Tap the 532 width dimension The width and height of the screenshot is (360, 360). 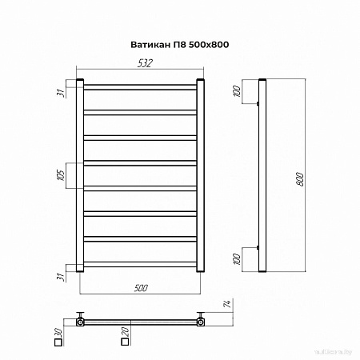[x=141, y=63]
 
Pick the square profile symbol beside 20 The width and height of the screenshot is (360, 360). [x=126, y=346]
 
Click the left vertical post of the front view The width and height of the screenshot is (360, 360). [x=80, y=176]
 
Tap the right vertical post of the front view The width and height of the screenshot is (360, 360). [x=200, y=176]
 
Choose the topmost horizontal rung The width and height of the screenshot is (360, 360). [x=140, y=86]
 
